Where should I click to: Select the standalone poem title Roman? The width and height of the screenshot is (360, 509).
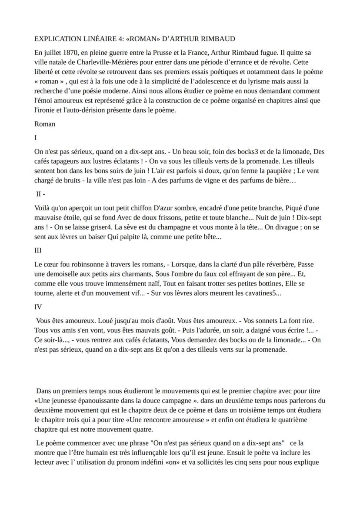click(45, 124)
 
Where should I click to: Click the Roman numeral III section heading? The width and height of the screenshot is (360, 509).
click(38, 250)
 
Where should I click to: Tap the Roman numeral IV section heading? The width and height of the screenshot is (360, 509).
click(38, 307)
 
